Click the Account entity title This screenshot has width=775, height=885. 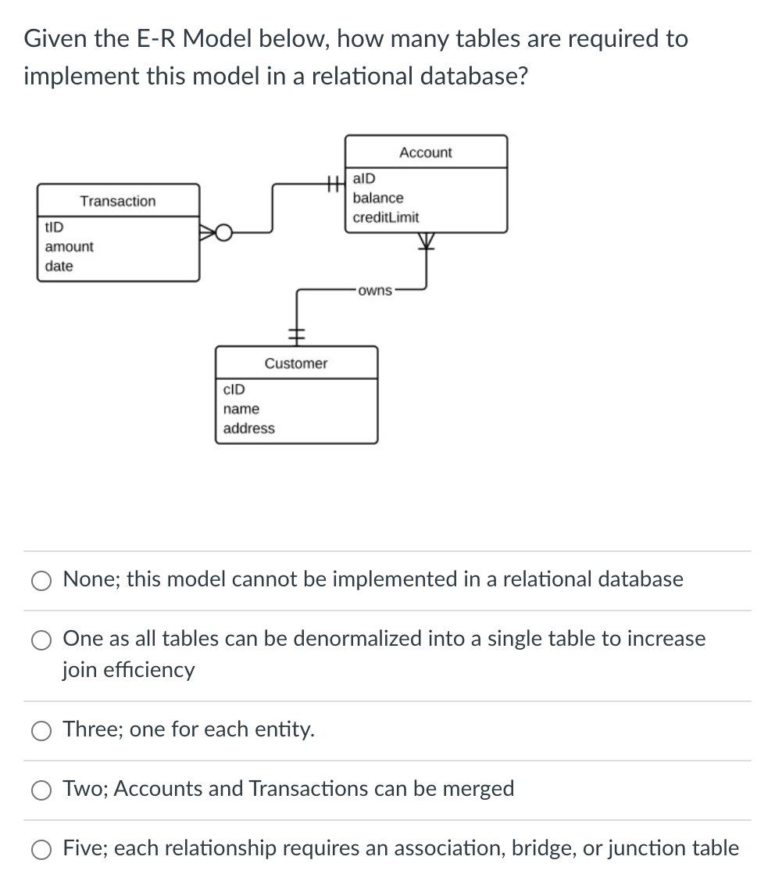[425, 152]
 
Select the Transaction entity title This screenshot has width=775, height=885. [118, 201]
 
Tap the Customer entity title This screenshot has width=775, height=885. [296, 364]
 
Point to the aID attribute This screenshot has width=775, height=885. [364, 179]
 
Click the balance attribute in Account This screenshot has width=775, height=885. [378, 198]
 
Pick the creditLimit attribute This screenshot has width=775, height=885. [386, 217]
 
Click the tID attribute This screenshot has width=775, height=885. [55, 227]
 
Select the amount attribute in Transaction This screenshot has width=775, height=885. [69, 246]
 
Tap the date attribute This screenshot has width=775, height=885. [59, 266]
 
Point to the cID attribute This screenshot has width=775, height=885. [234, 389]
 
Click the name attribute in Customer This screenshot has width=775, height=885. [241, 409]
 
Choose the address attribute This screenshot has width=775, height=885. [249, 428]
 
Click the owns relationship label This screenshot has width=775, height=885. [376, 291]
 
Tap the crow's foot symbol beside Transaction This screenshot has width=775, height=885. [212, 232]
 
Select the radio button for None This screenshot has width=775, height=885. [41, 580]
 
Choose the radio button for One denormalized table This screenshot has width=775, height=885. [41, 640]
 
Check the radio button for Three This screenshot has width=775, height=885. [41, 730]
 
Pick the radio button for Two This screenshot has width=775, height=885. [41, 790]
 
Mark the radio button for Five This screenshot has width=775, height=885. [41, 849]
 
